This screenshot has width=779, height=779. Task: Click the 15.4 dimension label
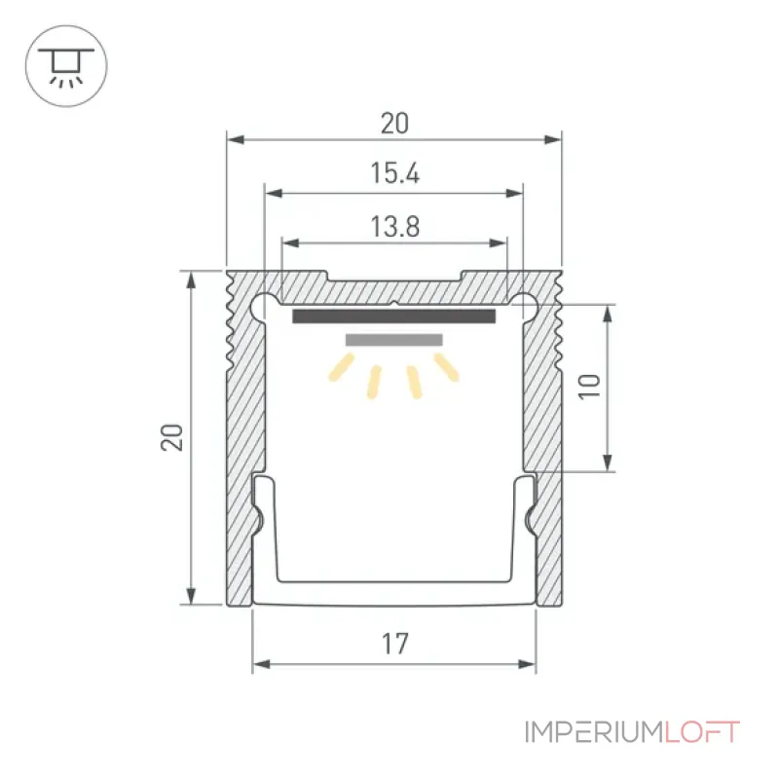click(x=395, y=173)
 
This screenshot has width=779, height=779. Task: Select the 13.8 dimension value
click(x=395, y=227)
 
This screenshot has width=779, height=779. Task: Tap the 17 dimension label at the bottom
click(x=395, y=644)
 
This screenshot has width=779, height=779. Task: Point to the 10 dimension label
click(x=590, y=386)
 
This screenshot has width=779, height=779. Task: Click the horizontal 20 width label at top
click(x=395, y=124)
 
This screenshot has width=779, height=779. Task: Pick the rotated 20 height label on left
click(x=172, y=437)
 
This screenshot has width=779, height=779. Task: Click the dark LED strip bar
click(x=394, y=315)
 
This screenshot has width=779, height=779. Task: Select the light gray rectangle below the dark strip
click(x=394, y=340)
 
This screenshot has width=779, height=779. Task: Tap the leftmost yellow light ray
click(x=342, y=367)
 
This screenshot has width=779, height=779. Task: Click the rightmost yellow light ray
click(x=446, y=367)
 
